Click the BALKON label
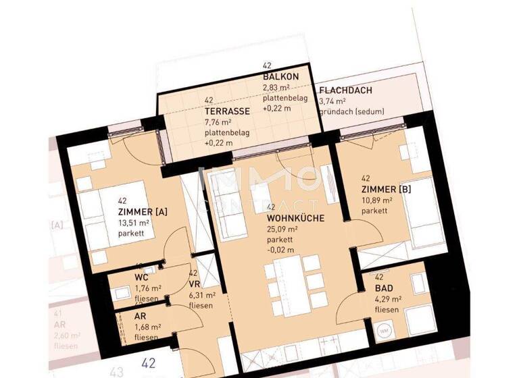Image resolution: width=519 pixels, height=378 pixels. coord(277,78)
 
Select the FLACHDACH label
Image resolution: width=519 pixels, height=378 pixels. coord(345,90)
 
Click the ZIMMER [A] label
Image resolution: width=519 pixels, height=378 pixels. coord(142,212)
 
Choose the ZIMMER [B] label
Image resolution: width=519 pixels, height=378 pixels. coord(386,190)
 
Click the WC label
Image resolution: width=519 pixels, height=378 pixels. coord(141,277)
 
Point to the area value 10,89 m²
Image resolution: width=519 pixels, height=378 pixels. coord(378,200)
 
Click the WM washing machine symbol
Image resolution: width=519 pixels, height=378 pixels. coord(385,331)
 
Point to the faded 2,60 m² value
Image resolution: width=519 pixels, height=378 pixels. coord(66,335)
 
